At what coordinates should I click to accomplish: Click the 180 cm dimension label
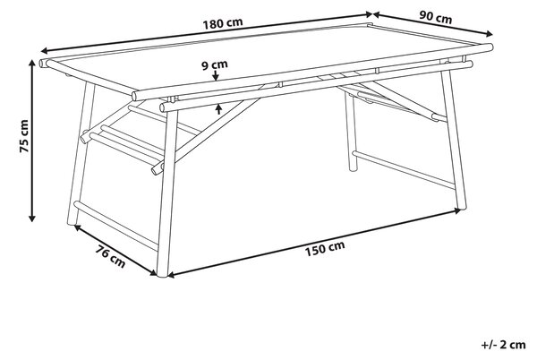click(223, 23)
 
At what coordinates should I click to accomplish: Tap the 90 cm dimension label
click(436, 17)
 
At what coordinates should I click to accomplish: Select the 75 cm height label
click(24, 136)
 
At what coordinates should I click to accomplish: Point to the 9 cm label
click(215, 64)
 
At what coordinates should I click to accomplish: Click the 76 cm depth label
click(110, 256)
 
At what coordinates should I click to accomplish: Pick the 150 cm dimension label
click(325, 248)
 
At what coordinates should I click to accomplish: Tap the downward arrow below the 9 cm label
click(215, 75)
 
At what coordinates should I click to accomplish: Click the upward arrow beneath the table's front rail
click(219, 109)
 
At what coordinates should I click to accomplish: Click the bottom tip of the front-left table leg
click(162, 274)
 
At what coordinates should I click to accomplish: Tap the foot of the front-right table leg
click(462, 208)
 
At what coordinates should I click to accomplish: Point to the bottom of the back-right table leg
click(353, 169)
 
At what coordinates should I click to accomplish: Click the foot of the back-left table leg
click(72, 223)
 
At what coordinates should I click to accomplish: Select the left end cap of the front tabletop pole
click(135, 96)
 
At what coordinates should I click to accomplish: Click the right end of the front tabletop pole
click(490, 47)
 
